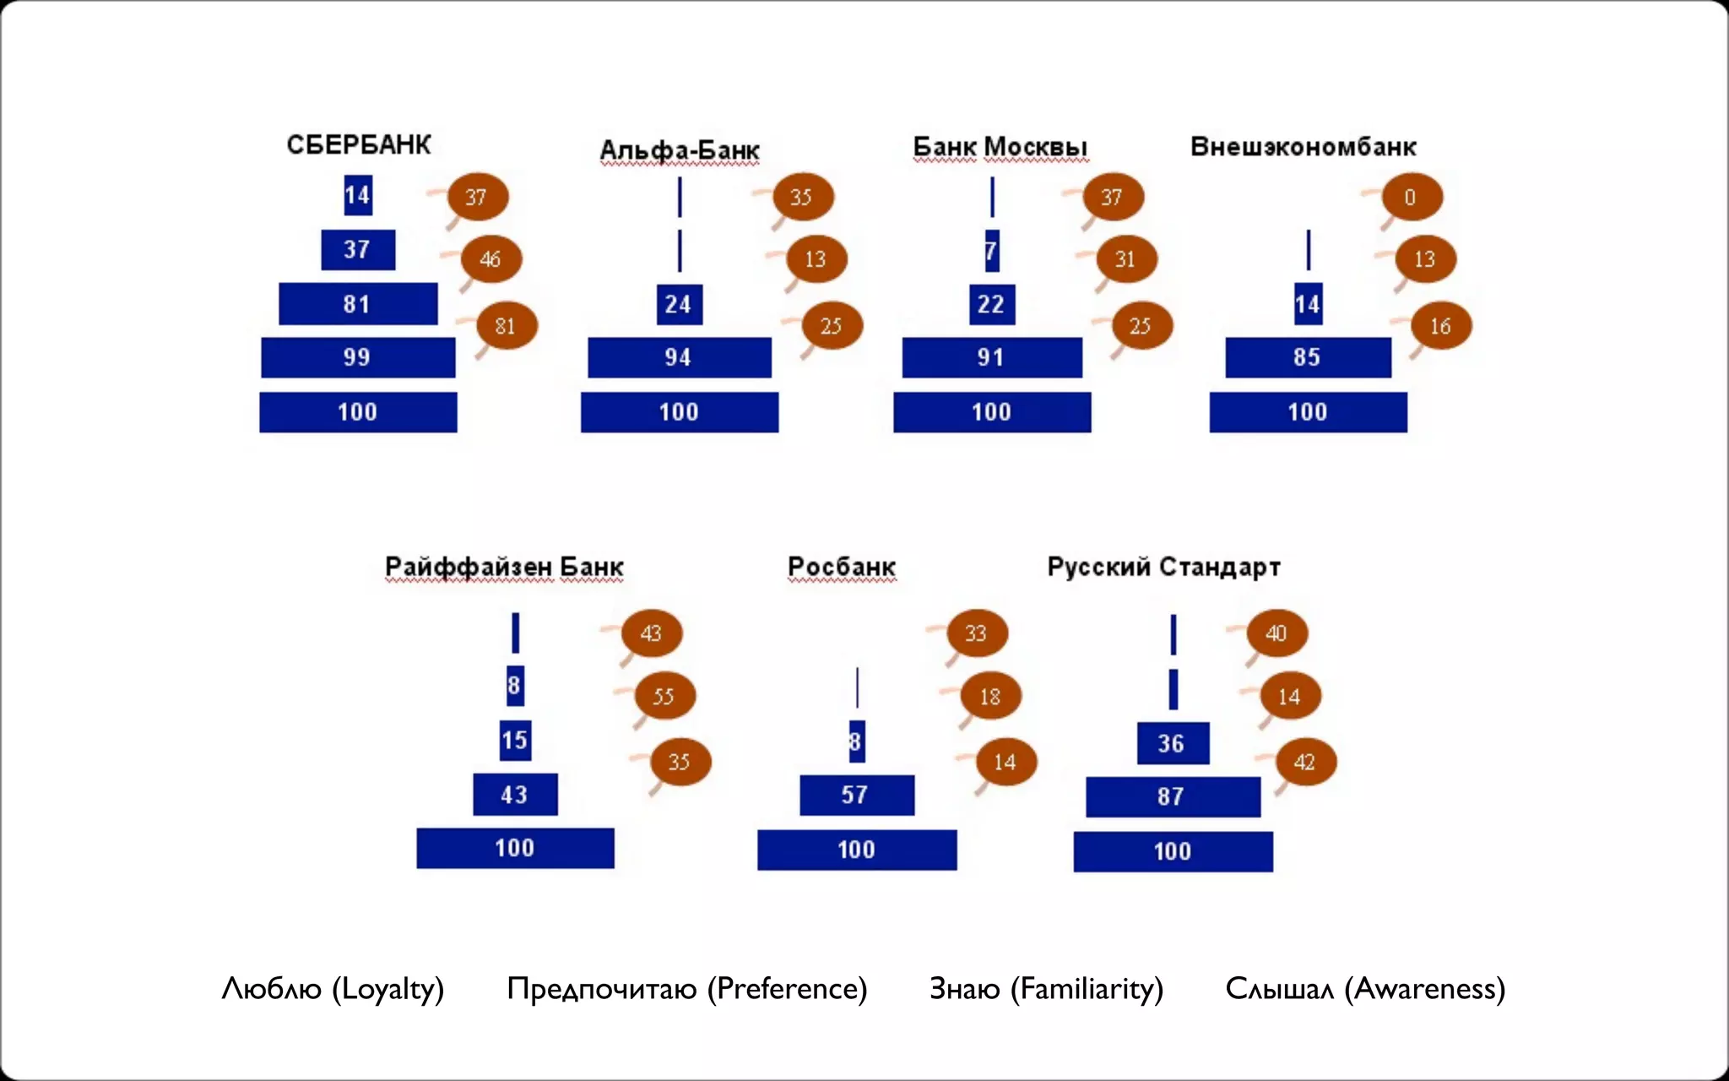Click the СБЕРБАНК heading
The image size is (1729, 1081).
[359, 145]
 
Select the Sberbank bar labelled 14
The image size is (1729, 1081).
[358, 195]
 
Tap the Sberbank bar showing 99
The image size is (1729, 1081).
[358, 357]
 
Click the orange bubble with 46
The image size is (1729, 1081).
[491, 259]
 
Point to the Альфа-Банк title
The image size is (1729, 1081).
[680, 150]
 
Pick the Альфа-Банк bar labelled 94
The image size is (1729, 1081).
[679, 357]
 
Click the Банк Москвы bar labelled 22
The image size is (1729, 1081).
[991, 304]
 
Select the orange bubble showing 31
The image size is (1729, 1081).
[1126, 259]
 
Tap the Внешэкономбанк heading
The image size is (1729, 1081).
[1303, 147]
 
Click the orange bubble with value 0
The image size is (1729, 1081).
[1412, 197]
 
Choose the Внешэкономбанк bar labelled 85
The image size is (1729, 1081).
[1308, 357]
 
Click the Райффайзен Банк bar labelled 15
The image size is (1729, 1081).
[515, 741]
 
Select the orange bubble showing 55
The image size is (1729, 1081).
[664, 696]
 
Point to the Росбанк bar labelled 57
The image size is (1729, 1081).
[856, 795]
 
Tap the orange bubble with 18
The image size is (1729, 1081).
[991, 696]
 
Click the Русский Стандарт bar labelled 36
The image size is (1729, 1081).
[1172, 743]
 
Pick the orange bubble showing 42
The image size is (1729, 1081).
[1305, 762]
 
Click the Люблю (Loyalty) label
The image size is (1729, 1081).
[333, 989]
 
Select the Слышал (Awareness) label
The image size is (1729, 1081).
[1365, 989]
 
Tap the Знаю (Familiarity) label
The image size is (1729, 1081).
[1046, 989]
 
